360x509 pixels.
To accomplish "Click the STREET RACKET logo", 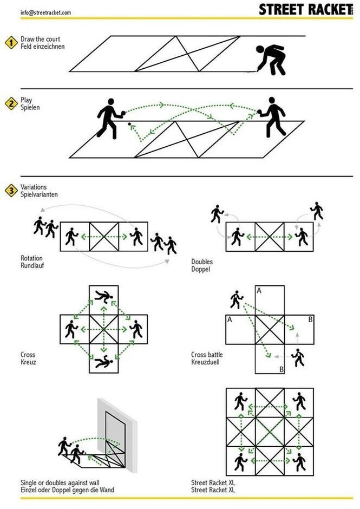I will tap(305, 10).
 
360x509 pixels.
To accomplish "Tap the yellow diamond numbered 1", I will tap(11, 43).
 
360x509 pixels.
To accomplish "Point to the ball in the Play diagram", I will tap(129, 125).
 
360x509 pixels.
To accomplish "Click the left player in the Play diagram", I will tap(109, 118).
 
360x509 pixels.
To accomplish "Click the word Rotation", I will tap(31, 258).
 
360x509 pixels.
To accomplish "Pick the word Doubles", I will tap(201, 262).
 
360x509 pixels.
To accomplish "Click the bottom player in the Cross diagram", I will tap(103, 362).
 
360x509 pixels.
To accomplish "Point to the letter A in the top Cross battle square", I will tap(259, 291).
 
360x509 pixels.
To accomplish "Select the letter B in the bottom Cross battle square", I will tap(281, 369).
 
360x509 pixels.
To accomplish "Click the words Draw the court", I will tap(40, 40).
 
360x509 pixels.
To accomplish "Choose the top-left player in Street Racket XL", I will tap(240, 401).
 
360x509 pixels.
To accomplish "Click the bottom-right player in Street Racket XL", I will tap(299, 461).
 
